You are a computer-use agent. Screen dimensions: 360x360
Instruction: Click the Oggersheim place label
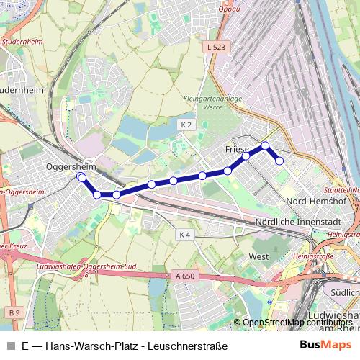[71, 166]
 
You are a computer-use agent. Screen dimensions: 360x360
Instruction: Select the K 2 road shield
[186, 125]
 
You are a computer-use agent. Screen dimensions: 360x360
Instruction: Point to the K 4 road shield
[185, 235]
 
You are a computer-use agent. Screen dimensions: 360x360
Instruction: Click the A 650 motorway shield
[184, 276]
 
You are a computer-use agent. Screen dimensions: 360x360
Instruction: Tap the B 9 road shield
[15, 311]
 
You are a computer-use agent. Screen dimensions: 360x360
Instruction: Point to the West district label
[258, 256]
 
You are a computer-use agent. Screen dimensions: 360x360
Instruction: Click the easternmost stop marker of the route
[279, 161]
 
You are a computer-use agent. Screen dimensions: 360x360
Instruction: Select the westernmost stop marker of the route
[81, 176]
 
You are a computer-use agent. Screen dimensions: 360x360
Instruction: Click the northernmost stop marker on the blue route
[265, 146]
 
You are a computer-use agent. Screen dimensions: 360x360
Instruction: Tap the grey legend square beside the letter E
[10, 346]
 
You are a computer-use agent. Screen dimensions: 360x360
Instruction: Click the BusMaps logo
[325, 346]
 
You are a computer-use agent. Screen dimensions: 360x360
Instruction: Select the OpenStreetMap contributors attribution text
[297, 322]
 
